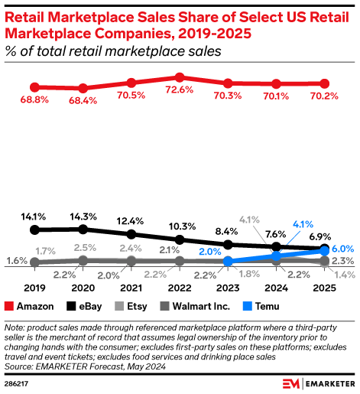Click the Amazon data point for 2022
coord(180,77)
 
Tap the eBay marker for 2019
coord(34,229)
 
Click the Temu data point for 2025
coord(325,250)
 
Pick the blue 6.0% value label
coord(342,249)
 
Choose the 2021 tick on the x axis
coord(131,289)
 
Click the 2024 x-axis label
coord(276,289)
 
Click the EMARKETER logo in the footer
coord(313,382)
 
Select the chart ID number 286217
coord(18,383)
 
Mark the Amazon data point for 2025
coord(325,83)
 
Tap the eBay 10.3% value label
coord(180,226)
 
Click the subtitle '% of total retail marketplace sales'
coord(113,51)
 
